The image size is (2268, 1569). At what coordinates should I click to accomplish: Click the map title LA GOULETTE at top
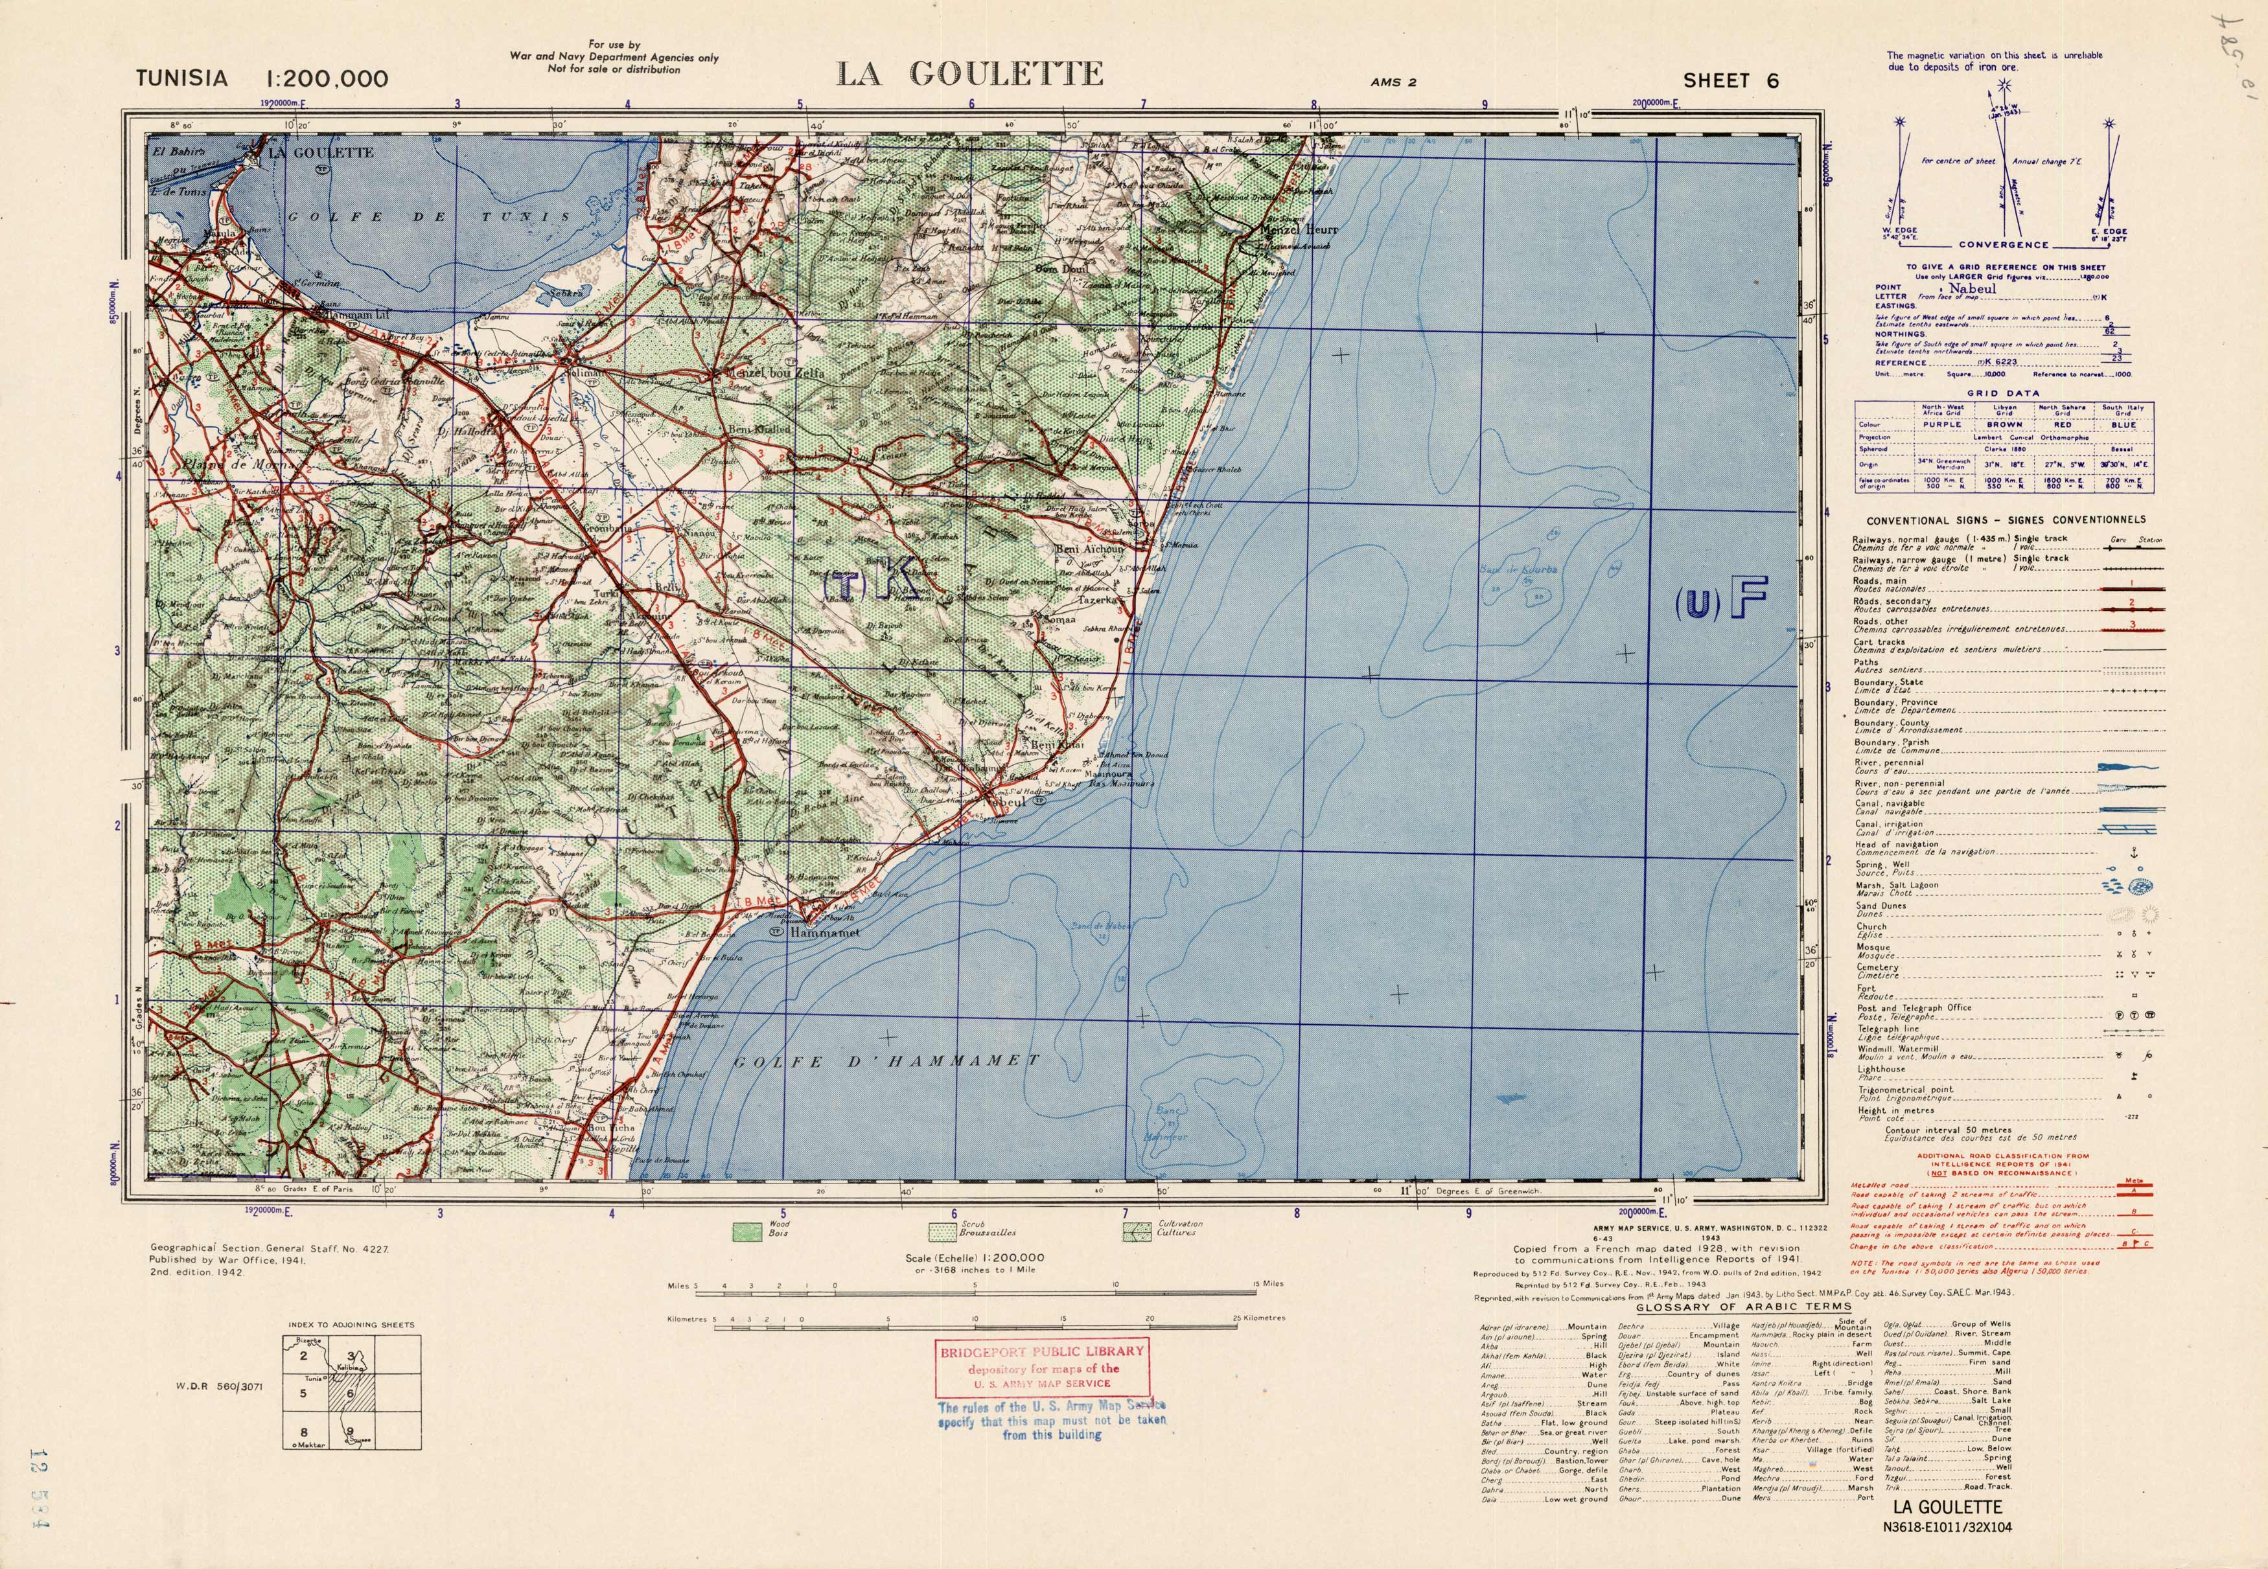[x=969, y=74]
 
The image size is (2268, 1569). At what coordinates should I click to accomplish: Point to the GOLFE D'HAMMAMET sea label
[x=886, y=1060]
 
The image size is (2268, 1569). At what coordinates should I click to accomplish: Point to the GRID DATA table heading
[x=2002, y=393]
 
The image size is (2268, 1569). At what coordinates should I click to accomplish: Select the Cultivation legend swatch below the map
[x=1137, y=1230]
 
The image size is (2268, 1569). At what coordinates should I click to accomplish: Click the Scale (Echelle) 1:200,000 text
[x=974, y=1257]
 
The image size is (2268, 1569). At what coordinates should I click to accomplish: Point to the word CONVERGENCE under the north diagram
[x=2002, y=245]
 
